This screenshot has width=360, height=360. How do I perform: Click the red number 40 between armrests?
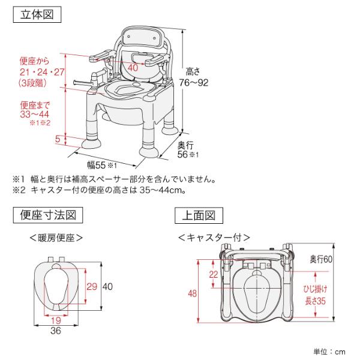click(x=133, y=67)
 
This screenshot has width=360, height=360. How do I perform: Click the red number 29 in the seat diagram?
click(x=91, y=286)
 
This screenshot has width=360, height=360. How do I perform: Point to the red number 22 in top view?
click(x=214, y=275)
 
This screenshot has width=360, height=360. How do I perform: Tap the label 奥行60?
click(x=320, y=259)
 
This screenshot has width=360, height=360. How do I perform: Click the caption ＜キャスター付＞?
click(x=214, y=237)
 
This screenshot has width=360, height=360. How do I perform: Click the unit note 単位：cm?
click(x=329, y=351)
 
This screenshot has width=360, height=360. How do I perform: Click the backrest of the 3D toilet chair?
click(x=145, y=39)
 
